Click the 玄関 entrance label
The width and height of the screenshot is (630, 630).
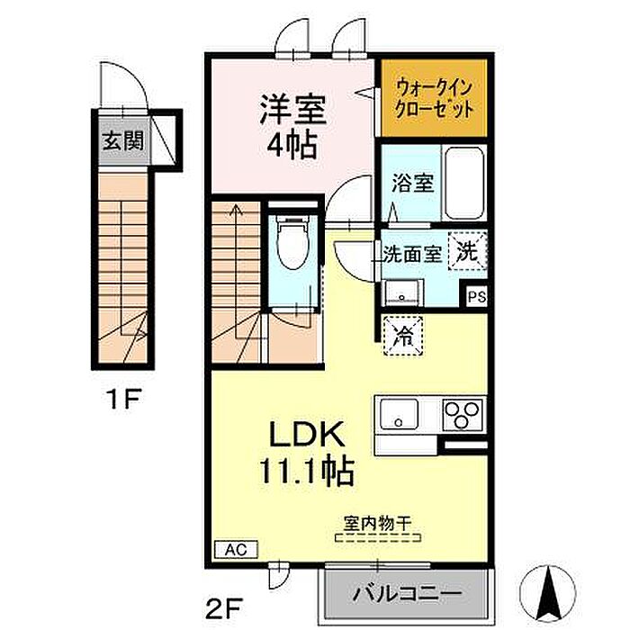123,140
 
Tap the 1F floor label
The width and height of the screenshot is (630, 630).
123,399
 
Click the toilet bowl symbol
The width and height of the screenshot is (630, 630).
292,243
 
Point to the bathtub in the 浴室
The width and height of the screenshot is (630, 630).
464,184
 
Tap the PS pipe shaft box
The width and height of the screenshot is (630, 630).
477,297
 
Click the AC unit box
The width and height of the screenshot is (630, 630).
236,550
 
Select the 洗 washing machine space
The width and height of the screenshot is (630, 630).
468,251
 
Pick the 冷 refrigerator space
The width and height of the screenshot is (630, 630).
403,336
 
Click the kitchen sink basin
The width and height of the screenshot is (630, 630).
399,414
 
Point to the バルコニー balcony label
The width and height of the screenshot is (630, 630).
407,593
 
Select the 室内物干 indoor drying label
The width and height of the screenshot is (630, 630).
377,523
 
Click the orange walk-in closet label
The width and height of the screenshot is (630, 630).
434,98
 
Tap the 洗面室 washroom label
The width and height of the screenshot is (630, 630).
411,254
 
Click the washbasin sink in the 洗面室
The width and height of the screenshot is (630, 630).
402,292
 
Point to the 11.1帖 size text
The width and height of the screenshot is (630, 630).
307,471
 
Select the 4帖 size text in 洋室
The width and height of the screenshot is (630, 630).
292,144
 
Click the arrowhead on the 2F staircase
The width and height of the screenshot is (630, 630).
236,209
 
